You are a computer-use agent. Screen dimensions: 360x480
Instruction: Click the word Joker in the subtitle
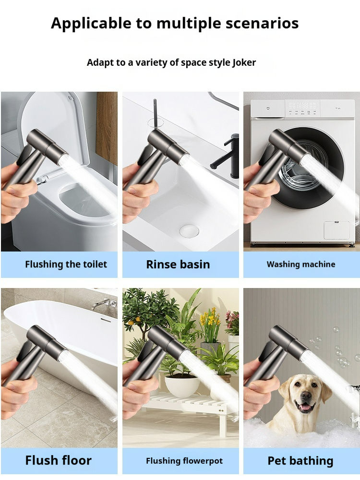pyautogui.click(x=244, y=63)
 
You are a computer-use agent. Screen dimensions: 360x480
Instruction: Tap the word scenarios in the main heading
pyautogui.click(x=262, y=23)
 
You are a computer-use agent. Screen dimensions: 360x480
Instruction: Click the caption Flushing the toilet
pyautogui.click(x=66, y=264)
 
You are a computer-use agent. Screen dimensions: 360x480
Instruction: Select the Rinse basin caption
pyautogui.click(x=178, y=264)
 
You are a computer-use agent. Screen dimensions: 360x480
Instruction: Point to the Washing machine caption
pyautogui.click(x=301, y=264)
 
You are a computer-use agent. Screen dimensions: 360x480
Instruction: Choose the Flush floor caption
pyautogui.click(x=58, y=460)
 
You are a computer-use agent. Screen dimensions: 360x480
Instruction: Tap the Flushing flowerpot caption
pyautogui.click(x=184, y=461)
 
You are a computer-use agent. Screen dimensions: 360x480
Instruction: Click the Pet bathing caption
pyautogui.click(x=300, y=461)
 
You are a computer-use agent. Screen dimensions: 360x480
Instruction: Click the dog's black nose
pyautogui.click(x=305, y=395)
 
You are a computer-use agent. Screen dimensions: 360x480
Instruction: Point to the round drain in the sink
pyautogui.click(x=189, y=231)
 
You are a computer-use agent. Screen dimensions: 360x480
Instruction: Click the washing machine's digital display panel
pyautogui.click(x=302, y=108)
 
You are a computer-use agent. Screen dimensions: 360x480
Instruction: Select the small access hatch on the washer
pyautogui.click(x=337, y=230)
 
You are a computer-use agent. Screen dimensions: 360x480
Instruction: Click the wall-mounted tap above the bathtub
pyautogui.click(x=105, y=303)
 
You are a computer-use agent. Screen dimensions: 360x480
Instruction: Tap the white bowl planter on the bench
pyautogui.click(x=182, y=386)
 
